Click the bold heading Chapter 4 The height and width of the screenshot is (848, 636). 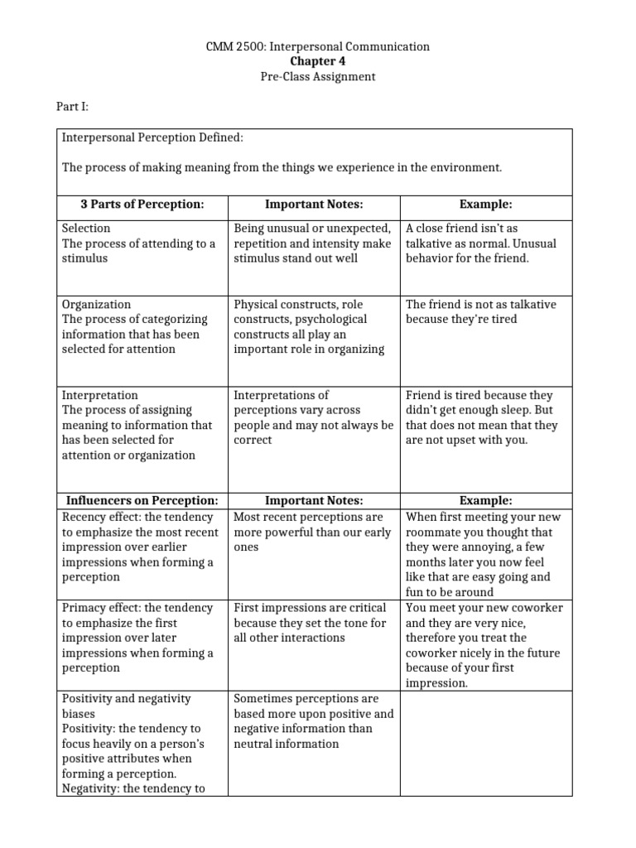pyautogui.click(x=318, y=61)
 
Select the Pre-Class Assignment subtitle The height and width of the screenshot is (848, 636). pyautogui.click(x=318, y=76)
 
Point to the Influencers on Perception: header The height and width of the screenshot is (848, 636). pyautogui.click(x=142, y=500)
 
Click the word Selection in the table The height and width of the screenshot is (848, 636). pyautogui.click(x=86, y=228)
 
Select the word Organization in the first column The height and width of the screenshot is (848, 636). pyautogui.click(x=96, y=304)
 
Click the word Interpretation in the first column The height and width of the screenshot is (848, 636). pyautogui.click(x=99, y=395)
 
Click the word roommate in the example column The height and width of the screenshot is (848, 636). pyautogui.click(x=438, y=532)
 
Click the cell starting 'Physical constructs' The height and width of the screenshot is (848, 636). pyautogui.click(x=313, y=326)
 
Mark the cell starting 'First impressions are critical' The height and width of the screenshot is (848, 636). pyautogui.click(x=313, y=623)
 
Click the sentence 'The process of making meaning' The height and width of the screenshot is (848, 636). pyautogui.click(x=282, y=167)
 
